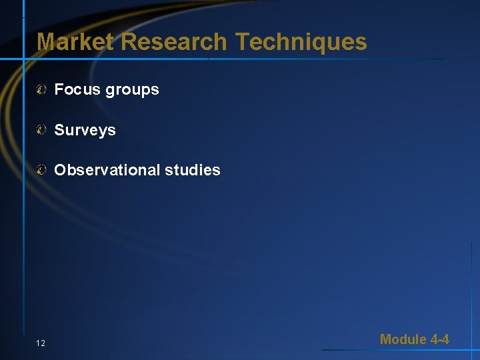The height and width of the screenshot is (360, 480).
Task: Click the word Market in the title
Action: click(x=75, y=42)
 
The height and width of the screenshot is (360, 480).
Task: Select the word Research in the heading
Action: click(x=174, y=42)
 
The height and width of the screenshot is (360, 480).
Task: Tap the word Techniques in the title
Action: click(x=301, y=42)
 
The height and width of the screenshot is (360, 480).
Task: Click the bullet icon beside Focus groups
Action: click(x=41, y=89)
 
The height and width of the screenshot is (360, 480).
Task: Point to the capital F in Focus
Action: click(x=59, y=89)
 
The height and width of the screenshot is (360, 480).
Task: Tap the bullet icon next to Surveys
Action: click(x=41, y=130)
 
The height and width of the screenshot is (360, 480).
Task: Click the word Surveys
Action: click(x=85, y=131)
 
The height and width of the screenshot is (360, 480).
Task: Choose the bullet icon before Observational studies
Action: click(x=41, y=170)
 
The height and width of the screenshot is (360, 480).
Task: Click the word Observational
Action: click(x=107, y=170)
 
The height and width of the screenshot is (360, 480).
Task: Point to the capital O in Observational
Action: click(x=60, y=170)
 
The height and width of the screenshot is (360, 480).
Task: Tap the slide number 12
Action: click(x=41, y=343)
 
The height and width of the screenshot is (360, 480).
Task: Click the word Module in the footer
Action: click(x=403, y=339)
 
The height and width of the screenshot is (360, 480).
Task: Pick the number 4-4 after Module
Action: click(x=440, y=339)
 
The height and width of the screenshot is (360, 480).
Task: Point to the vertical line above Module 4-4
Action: click(x=471, y=287)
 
